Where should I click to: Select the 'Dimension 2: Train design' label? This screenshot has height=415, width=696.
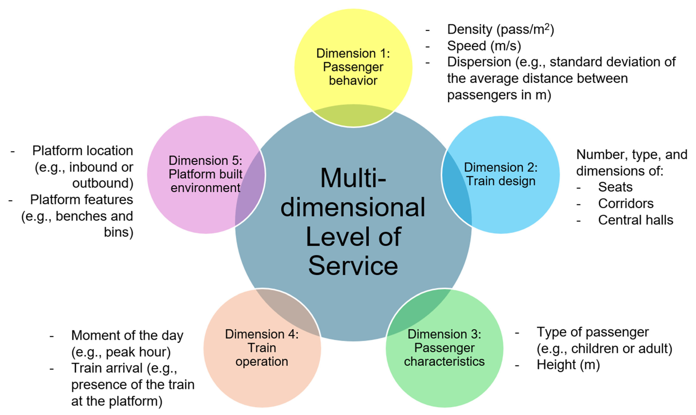501,174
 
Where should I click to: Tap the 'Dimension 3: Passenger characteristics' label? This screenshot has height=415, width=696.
444,348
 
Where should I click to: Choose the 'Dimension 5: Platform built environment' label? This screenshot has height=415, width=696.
205,174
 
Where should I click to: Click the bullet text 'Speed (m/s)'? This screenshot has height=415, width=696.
484,46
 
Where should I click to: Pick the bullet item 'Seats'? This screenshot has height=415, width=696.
615,187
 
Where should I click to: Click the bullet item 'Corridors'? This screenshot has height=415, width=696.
626,204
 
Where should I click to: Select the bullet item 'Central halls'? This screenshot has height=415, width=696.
636,220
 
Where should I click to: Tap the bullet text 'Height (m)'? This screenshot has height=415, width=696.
568,365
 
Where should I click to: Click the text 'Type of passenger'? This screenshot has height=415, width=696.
592,332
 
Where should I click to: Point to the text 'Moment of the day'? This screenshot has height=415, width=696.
127,335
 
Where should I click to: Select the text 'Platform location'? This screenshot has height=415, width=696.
82,151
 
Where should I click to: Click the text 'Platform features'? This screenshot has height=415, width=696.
81,200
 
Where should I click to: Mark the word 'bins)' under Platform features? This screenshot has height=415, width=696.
118,232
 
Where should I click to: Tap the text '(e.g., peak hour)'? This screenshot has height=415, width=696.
121,352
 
